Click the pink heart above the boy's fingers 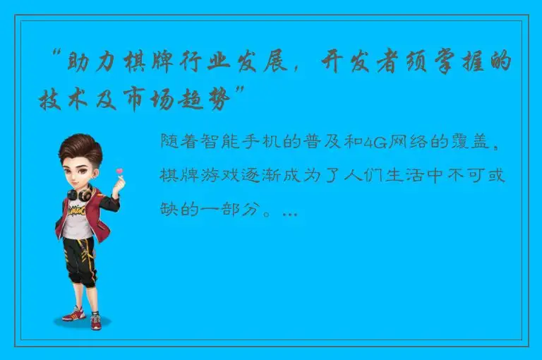coord(119,172)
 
